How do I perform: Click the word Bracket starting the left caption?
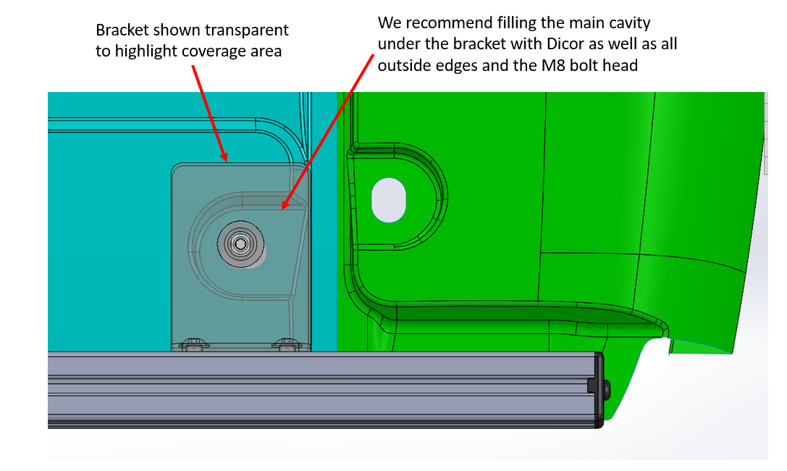click(120, 30)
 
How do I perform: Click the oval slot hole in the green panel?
click(390, 199)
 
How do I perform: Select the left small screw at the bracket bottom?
click(193, 344)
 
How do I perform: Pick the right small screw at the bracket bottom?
click(287, 344)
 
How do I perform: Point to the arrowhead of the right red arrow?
click(285, 206)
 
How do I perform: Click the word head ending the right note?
click(621, 66)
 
